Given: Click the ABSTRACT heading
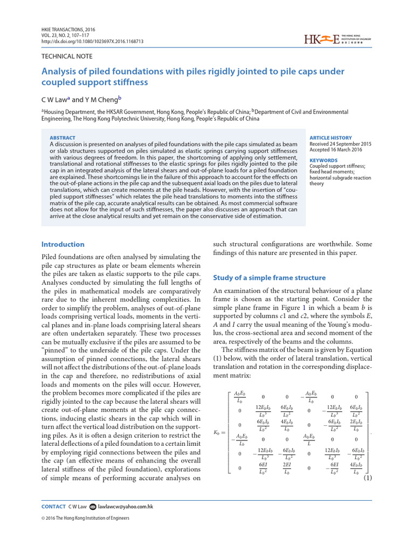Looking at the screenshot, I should (x=63, y=138).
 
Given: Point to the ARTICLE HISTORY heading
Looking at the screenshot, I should (x=330, y=138).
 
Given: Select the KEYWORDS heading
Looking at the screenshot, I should (x=323, y=160).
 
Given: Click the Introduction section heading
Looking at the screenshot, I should (x=63, y=244).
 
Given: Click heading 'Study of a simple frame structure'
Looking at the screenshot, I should (x=270, y=278).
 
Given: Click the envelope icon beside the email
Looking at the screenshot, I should (x=92, y=507).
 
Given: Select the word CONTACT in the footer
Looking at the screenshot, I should (x=53, y=507).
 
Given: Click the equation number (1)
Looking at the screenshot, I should (x=368, y=478).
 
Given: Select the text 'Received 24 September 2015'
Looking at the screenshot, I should (x=340, y=144).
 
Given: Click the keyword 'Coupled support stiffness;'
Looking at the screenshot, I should (x=337, y=166).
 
